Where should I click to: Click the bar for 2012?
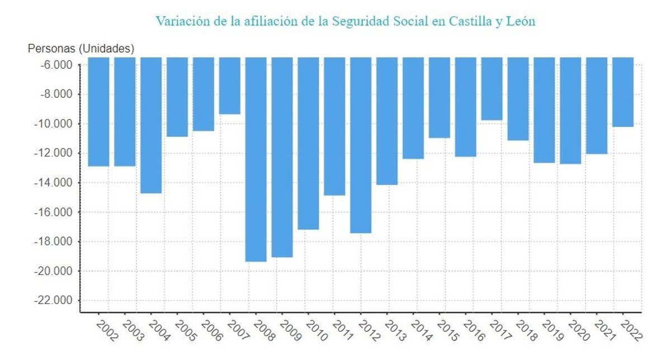[x=361, y=145]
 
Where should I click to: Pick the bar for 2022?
[x=623, y=92]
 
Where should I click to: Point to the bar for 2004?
[x=151, y=125]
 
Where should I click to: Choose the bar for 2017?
[x=492, y=89]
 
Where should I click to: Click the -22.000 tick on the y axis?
[x=55, y=301]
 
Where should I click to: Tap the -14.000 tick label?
[x=55, y=183]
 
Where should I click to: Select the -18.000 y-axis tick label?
[x=55, y=242]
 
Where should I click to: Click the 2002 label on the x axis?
[x=107, y=330]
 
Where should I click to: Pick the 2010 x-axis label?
[x=316, y=330]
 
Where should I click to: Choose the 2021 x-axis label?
[x=605, y=330]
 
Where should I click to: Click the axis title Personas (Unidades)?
[x=81, y=49]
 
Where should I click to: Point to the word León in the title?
[x=521, y=22]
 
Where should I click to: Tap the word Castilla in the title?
[x=471, y=22]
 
